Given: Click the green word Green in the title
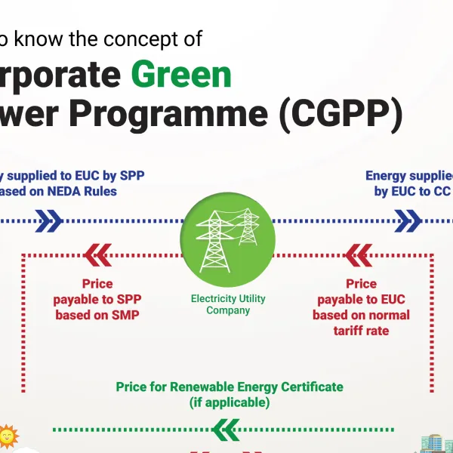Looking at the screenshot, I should (181, 75).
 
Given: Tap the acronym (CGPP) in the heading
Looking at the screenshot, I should (339, 116).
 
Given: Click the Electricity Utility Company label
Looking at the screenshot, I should (227, 304).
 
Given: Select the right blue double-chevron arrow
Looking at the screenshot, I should (408, 221).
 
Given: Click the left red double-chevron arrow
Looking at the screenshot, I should (98, 255).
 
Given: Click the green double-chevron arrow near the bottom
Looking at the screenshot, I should (226, 430).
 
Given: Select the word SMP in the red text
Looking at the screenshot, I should (125, 315).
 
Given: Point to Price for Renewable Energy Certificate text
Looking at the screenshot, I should (229, 387).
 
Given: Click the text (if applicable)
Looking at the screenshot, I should (229, 402).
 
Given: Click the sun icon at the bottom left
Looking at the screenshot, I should (8, 436).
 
